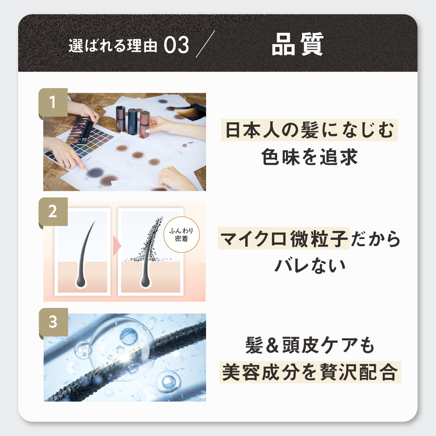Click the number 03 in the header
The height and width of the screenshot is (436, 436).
177,45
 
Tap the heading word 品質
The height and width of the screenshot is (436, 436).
298,44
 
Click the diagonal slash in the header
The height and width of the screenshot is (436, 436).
205,44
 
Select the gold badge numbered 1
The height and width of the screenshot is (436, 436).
53,103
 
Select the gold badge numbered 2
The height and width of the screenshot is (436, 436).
53,212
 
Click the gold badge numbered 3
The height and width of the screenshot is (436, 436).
53,322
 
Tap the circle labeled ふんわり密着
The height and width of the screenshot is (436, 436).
181,235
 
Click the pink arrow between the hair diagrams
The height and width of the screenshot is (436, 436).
117,246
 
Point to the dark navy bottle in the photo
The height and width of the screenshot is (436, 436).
133,122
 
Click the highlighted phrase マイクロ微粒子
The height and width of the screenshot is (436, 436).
284,239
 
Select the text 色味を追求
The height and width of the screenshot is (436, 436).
309,157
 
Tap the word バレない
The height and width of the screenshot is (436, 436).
310,266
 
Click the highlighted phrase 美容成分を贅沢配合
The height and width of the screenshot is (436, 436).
310,372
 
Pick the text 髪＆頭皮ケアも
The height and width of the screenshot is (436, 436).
310,345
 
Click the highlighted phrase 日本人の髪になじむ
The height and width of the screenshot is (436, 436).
309,130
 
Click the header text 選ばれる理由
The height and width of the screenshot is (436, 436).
113,46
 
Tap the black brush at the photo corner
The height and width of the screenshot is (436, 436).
198,108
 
